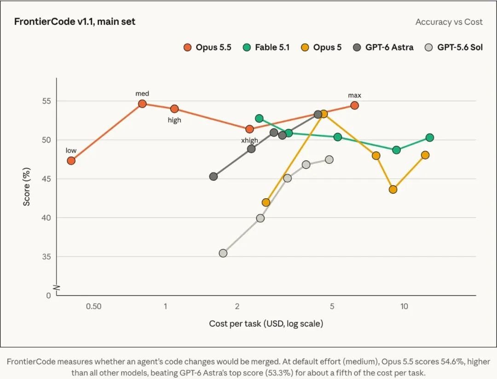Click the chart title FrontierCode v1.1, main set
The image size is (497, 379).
(75, 22)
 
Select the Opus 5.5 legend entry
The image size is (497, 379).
(208, 47)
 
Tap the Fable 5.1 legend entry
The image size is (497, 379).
(266, 47)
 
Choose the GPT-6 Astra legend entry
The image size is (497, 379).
(383, 47)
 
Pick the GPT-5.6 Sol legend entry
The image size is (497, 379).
(454, 47)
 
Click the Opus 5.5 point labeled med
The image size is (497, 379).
(142, 103)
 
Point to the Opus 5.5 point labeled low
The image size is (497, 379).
(71, 161)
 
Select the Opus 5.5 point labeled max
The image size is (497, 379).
(355, 105)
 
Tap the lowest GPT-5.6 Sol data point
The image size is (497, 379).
(223, 253)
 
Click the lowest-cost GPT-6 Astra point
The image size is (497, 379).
(214, 177)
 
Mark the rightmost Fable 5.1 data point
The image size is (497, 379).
(430, 138)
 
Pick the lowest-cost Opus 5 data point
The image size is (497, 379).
(266, 202)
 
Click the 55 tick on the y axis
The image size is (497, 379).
(46, 101)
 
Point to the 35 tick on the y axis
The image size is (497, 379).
(46, 257)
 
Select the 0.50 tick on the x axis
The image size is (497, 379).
(94, 306)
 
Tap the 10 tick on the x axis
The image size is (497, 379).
(404, 306)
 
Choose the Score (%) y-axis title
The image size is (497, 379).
(27, 187)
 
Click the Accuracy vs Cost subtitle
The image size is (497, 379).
(449, 22)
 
